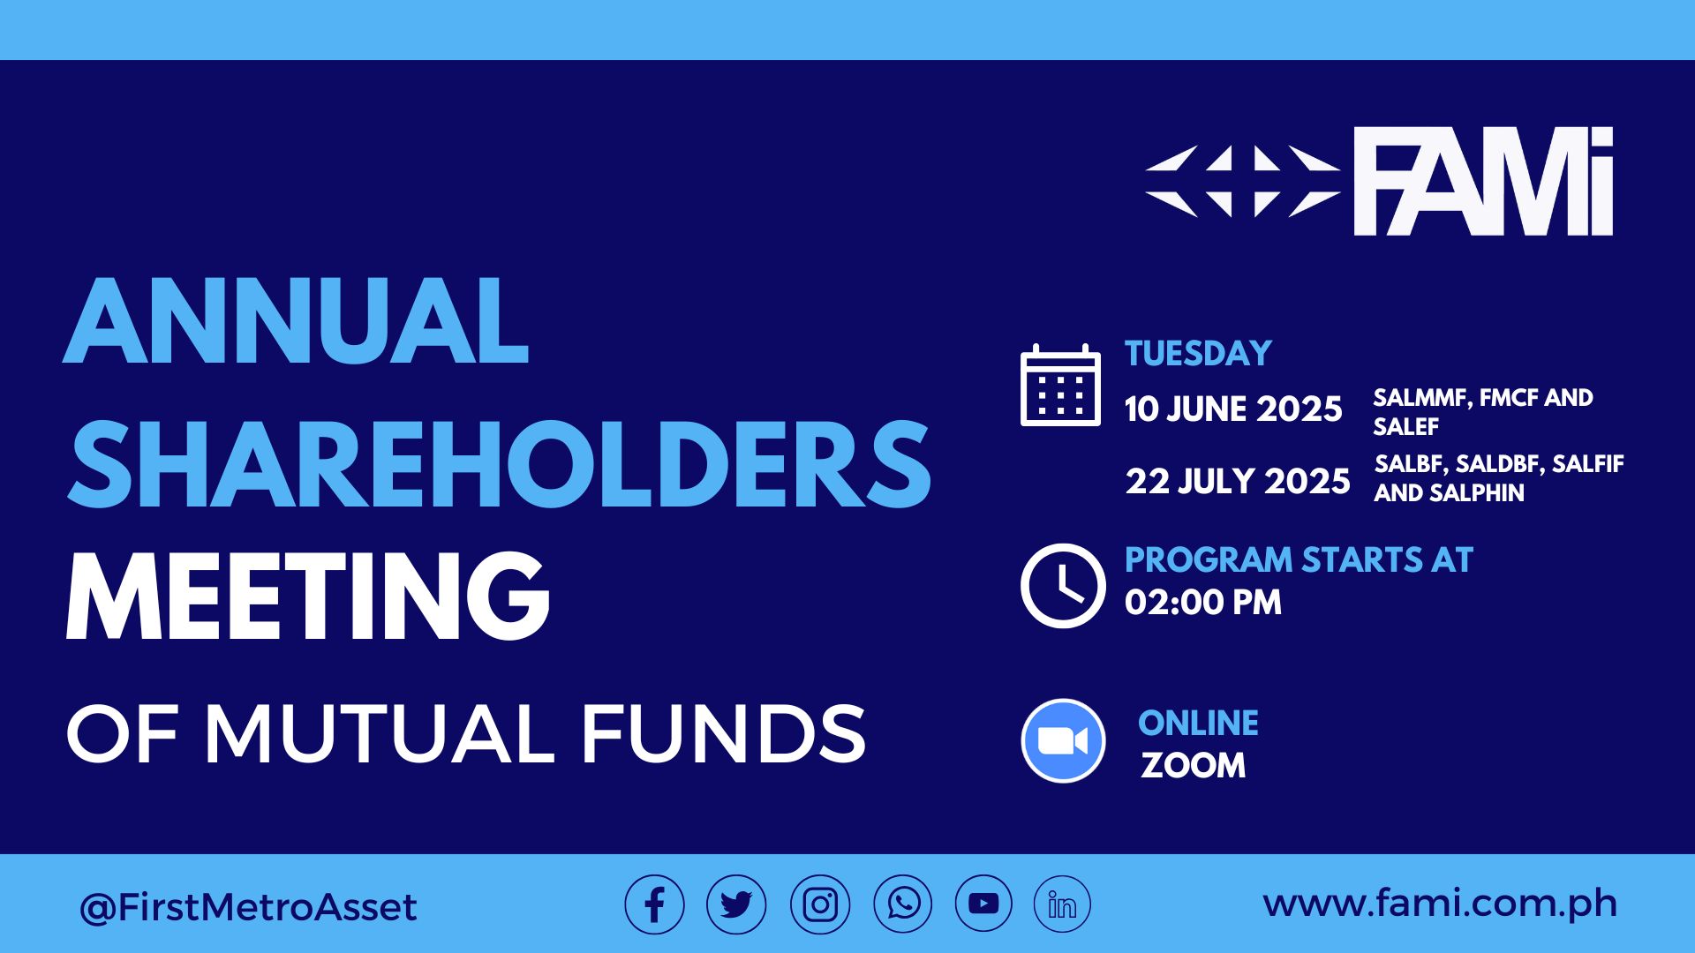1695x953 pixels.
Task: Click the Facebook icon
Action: tap(654, 904)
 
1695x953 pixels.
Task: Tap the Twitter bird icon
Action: tap(736, 904)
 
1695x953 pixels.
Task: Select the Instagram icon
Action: tap(820, 904)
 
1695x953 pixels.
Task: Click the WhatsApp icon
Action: tap(903, 904)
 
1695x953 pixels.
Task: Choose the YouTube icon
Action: tap(983, 904)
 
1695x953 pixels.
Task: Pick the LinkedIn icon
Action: tap(1062, 904)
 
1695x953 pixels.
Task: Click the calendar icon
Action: tap(1060, 386)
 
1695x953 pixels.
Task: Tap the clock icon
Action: tap(1063, 586)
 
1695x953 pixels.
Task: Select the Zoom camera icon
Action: tap(1063, 741)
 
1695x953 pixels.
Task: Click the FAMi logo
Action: tap(1379, 181)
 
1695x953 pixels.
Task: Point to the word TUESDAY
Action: tap(1198, 354)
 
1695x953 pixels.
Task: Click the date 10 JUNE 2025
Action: tap(1233, 409)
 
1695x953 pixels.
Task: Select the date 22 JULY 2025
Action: tap(1238, 482)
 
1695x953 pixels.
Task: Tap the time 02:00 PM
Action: tap(1203, 603)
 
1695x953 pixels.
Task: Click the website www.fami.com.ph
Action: tap(1440, 904)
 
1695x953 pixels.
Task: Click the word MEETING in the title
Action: tap(308, 597)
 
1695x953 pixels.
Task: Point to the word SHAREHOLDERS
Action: tap(499, 464)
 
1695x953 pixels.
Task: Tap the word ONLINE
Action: tap(1198, 724)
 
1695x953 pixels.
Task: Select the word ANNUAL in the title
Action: tap(296, 320)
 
